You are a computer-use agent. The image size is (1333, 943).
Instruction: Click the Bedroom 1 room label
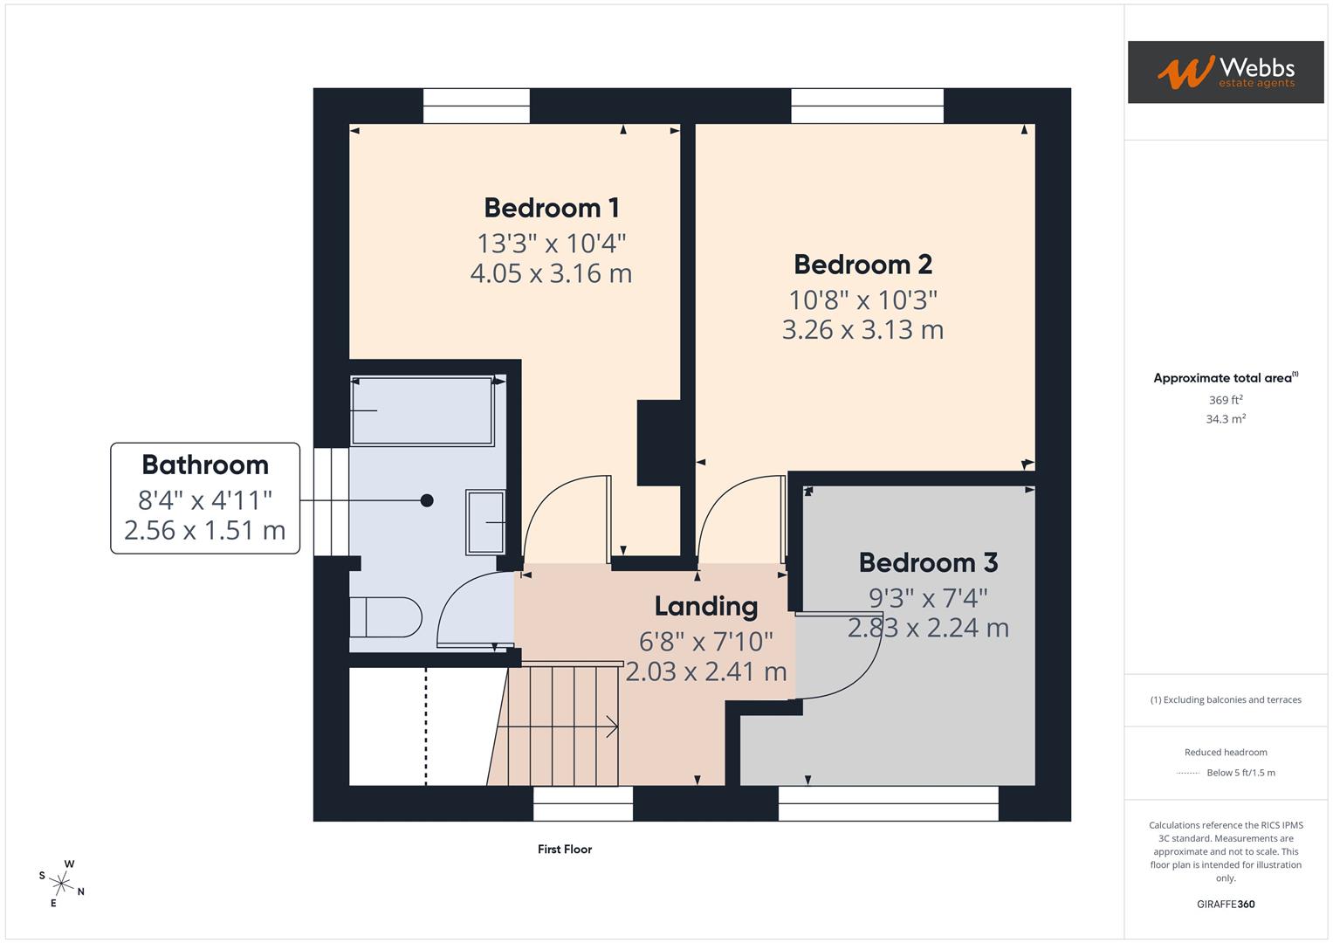pos(551,208)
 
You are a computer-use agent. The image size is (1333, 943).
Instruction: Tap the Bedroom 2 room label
pos(862,265)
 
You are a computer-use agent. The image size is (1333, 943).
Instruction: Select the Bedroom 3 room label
pos(928,562)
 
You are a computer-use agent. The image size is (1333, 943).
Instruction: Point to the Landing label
pos(705,606)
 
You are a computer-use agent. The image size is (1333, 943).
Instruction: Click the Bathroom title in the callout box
pos(205,465)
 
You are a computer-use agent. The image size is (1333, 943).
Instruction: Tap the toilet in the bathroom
pos(385,617)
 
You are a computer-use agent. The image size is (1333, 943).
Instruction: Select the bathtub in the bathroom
pos(422,411)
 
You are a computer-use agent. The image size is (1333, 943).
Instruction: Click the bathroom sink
pos(485,522)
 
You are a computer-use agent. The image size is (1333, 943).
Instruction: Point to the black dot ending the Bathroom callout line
pos(427,500)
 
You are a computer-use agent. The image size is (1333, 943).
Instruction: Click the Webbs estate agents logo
pos(1225,72)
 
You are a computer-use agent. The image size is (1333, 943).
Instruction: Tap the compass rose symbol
pos(62,883)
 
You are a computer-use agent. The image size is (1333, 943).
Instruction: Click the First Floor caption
pos(564,849)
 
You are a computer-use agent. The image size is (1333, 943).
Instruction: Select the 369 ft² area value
pos(1225,400)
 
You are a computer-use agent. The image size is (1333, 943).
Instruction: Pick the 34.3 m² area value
pos(1225,419)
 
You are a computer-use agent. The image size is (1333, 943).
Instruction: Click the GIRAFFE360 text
pos(1225,904)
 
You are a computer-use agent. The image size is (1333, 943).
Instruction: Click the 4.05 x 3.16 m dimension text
pos(551,273)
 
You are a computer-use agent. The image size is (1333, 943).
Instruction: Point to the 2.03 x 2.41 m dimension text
pos(705,671)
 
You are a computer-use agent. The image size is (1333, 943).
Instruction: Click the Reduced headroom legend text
pos(1225,752)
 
